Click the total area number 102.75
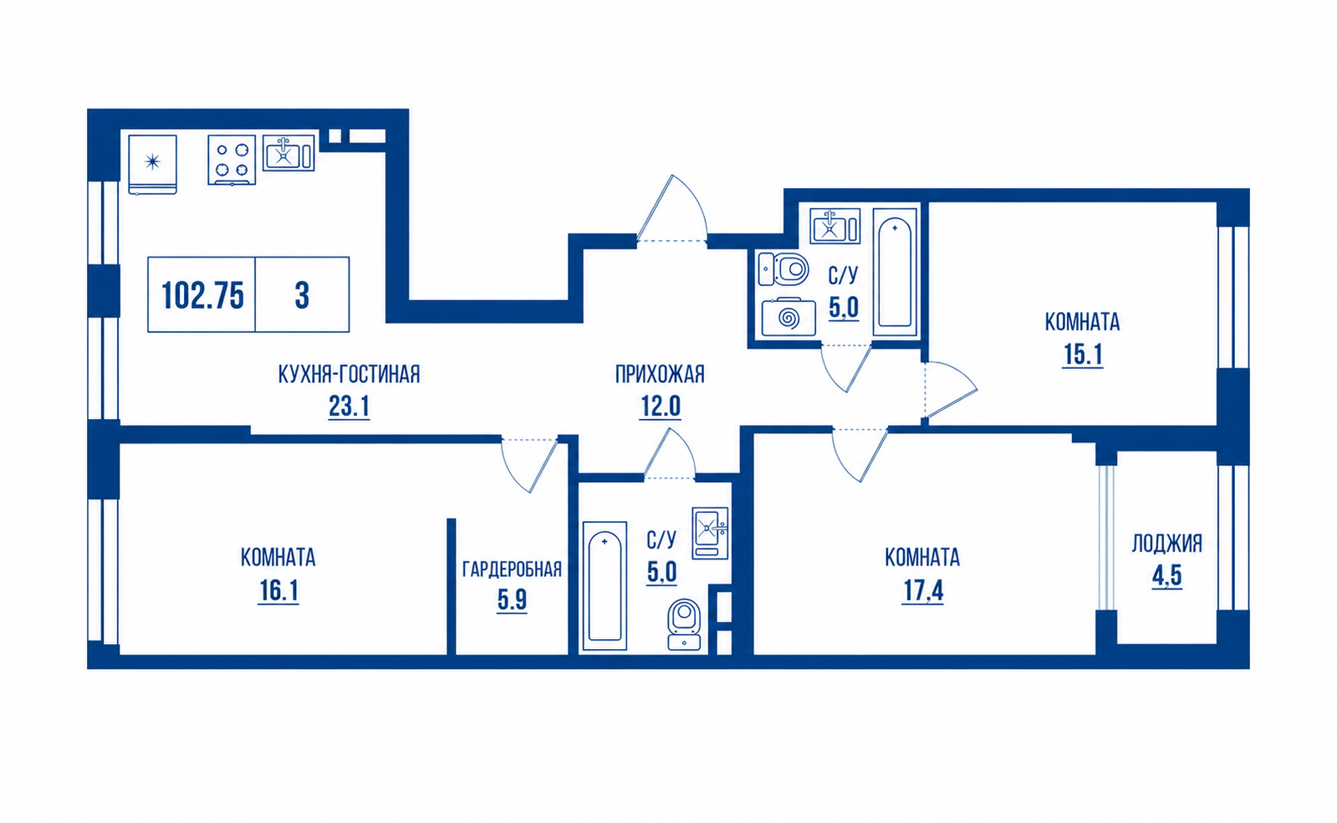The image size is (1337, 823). point(203,295)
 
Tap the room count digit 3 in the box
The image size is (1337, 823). point(302,295)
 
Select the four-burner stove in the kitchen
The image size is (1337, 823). point(232,160)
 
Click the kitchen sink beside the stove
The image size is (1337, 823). point(288,153)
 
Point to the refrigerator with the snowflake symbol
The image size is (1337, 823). point(153,164)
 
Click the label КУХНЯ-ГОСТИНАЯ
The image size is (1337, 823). point(350,375)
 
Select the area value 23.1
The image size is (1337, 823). point(350,406)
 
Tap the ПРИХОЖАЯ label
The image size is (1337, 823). point(661,375)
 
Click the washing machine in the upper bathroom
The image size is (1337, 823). point(788,316)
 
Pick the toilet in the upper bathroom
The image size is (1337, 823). point(783,268)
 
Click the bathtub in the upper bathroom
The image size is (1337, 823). point(895,273)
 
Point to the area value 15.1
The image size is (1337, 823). point(1083,355)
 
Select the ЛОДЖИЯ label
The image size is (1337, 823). point(1167,544)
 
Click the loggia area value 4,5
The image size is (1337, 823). point(1167,576)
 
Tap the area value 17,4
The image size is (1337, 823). point(923,591)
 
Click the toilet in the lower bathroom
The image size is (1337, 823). point(684,624)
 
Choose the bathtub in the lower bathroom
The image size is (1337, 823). point(605,585)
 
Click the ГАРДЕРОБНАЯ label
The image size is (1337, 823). point(512,570)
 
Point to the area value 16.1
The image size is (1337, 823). point(278,592)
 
